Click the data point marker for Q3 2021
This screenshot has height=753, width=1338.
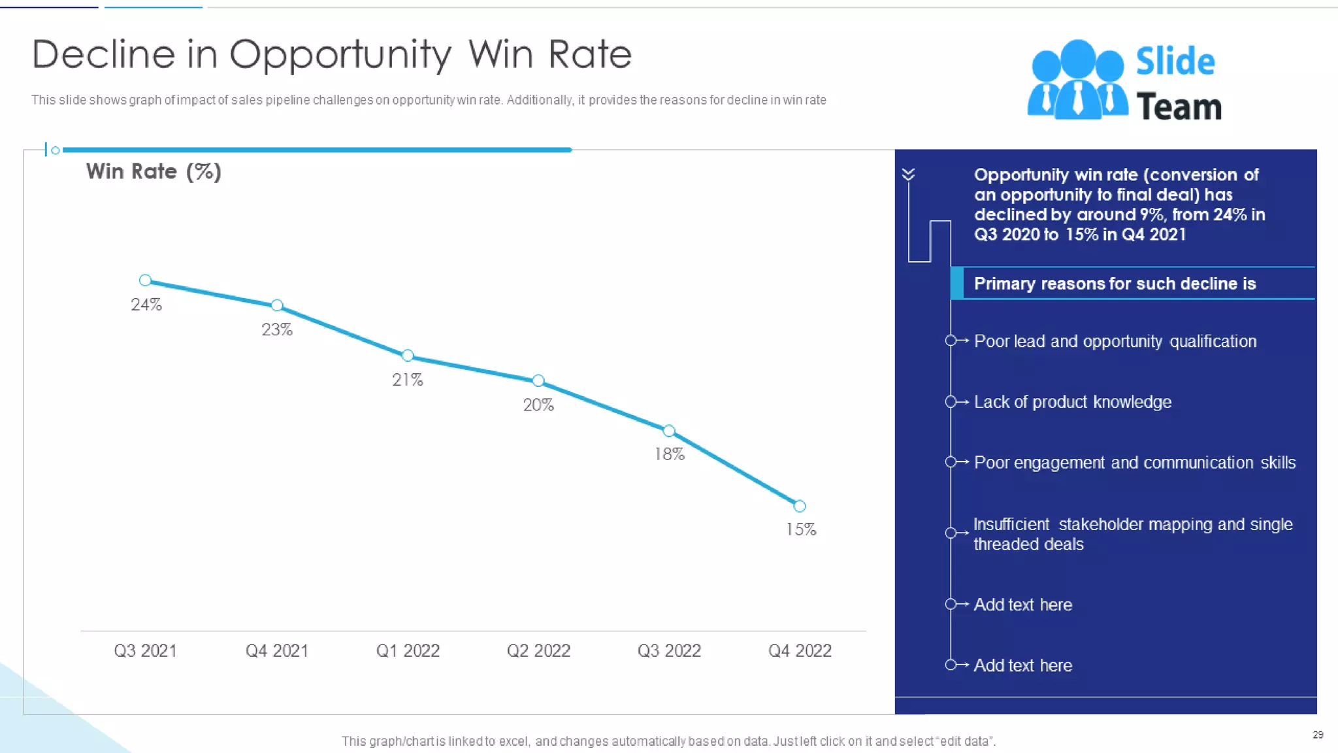coord(146,280)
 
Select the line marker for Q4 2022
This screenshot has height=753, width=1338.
coord(800,506)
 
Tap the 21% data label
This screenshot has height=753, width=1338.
coord(408,380)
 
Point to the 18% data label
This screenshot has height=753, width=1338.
coord(670,454)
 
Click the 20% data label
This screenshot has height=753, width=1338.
coord(538,405)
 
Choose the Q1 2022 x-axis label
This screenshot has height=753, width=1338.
coord(408,651)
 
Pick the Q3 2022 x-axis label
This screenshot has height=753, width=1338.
coord(669,651)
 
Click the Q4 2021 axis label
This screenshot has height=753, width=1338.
coord(277,651)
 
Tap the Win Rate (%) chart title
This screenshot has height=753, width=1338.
coord(154,172)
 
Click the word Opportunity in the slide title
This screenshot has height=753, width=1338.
coord(340,55)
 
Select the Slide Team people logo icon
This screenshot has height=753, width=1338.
coord(1077,80)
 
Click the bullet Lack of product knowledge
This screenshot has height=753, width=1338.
coord(1072,402)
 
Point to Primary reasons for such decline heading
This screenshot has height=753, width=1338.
coord(1115,284)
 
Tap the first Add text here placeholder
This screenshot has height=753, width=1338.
coord(1022,605)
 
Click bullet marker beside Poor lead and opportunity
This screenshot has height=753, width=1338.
coord(951,341)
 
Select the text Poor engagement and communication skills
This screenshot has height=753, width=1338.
coord(1134,463)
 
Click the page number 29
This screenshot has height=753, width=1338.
coord(1318,735)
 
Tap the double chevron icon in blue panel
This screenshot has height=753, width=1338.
coord(908,174)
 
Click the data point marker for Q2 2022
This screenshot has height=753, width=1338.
coord(538,380)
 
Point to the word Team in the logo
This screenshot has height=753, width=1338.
coord(1179,107)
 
